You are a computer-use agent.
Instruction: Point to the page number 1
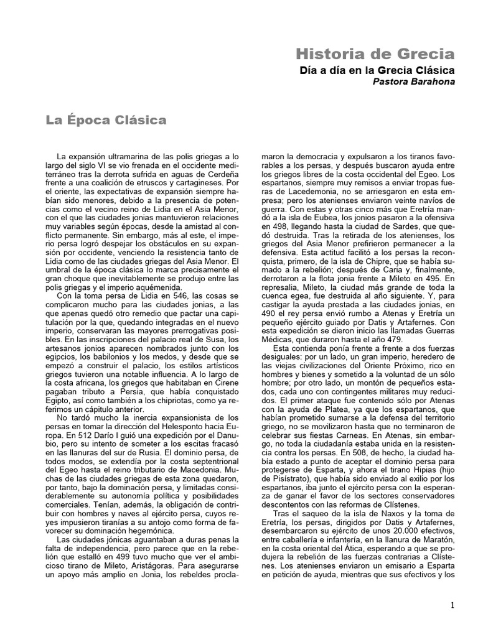[x=452, y=605]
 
